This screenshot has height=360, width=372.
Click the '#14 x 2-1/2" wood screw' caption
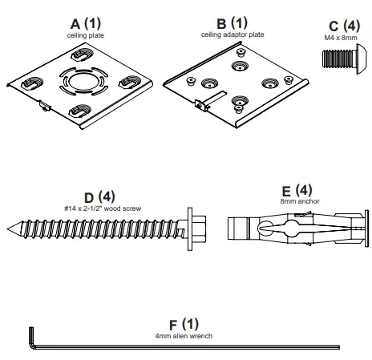tap(102, 208)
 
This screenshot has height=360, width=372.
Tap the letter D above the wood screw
tap(89, 196)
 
